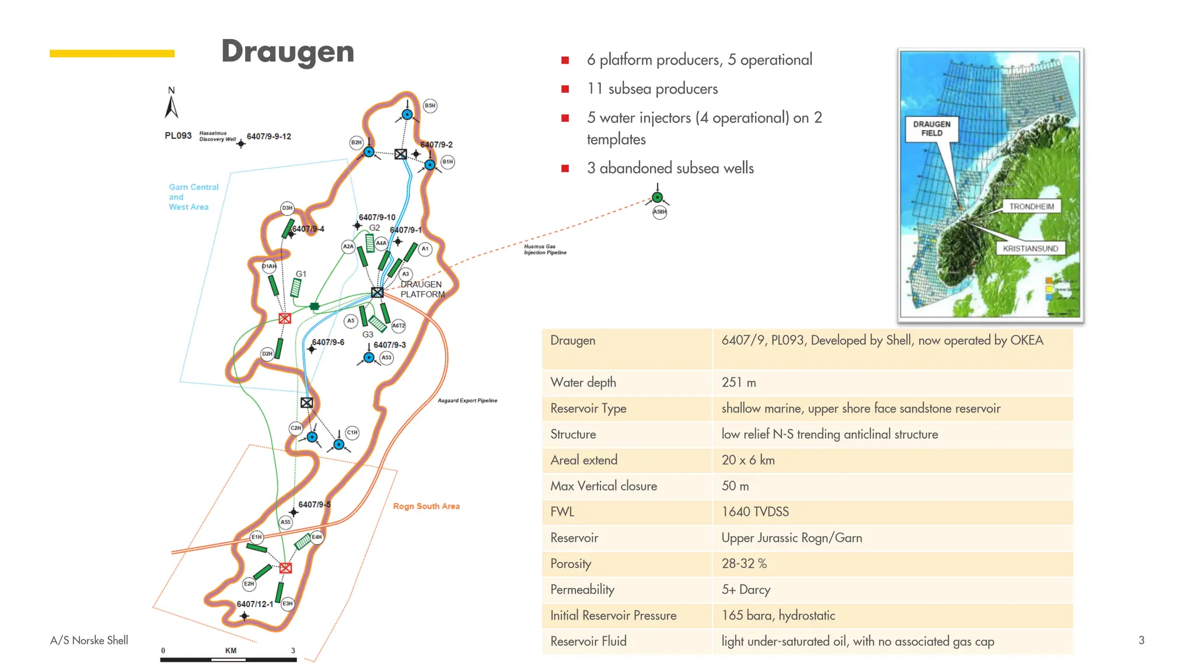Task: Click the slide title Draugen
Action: point(288,51)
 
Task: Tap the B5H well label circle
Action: point(430,106)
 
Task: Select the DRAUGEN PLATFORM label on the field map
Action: point(422,289)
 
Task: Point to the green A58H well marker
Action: point(657,197)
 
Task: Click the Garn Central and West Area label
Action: point(193,197)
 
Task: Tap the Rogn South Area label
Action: point(426,506)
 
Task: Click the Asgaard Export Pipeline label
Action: point(467,401)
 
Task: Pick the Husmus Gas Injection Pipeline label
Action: point(544,250)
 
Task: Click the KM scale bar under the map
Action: point(229,659)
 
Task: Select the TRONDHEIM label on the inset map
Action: point(1031,206)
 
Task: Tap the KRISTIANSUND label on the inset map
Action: point(1030,249)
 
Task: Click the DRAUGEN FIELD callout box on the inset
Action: point(931,129)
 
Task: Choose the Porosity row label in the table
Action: point(570,563)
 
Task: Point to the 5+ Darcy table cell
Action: point(745,590)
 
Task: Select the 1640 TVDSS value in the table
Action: point(754,512)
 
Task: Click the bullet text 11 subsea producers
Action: point(652,89)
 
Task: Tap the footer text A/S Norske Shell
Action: point(89,640)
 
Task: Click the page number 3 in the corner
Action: point(1141,640)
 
